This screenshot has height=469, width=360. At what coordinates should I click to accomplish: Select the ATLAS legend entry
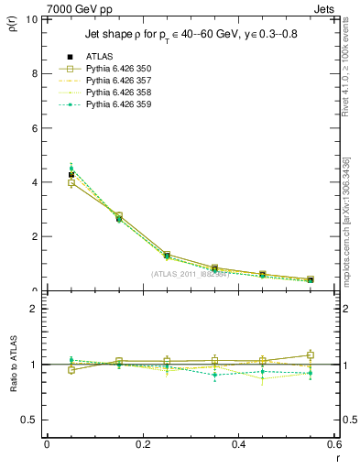coord(99,56)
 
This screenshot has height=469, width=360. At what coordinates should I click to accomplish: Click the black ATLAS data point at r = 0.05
coord(71,174)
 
